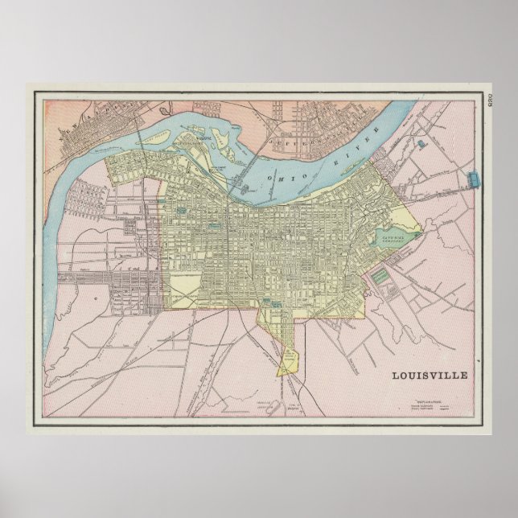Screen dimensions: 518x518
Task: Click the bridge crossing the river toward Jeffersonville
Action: click(240, 181)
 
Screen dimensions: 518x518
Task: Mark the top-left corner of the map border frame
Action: click(34, 92)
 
